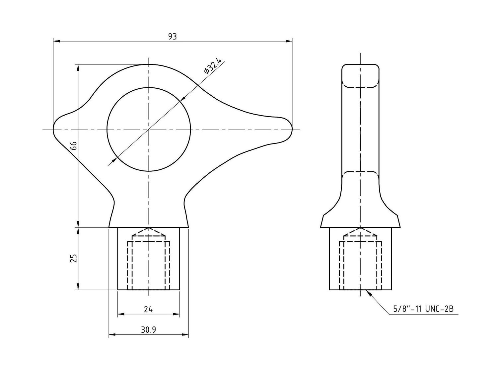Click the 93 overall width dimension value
pyautogui.click(x=172, y=37)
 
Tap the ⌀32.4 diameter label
pyautogui.click(x=213, y=66)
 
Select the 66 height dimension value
pyautogui.click(x=74, y=145)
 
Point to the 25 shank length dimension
pyautogui.click(x=74, y=258)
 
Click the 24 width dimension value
pyautogui.click(x=148, y=309)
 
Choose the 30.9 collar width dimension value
pyautogui.click(x=148, y=330)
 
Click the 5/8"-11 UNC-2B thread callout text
pyautogui.click(x=423, y=309)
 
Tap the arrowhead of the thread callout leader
pyautogui.click(x=368, y=293)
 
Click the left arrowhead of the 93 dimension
pyautogui.click(x=56, y=41)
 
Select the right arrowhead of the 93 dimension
pyautogui.click(x=289, y=41)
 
